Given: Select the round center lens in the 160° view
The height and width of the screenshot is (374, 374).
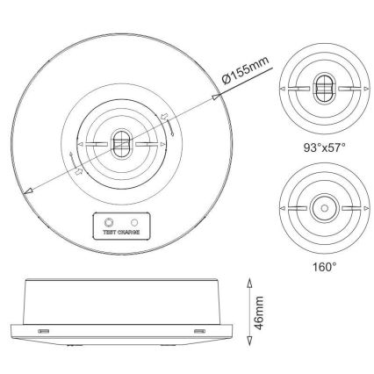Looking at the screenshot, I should pyautogui.click(x=322, y=209).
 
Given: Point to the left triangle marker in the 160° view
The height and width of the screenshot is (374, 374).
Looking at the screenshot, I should pyautogui.click(x=283, y=209).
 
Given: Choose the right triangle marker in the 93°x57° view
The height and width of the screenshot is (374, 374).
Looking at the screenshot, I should pyautogui.click(x=362, y=88).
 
